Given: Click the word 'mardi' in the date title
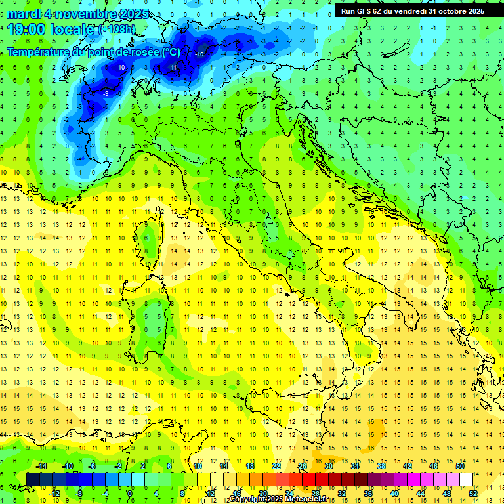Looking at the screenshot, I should [x=21, y=14].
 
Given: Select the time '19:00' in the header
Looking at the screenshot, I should [x=24, y=30].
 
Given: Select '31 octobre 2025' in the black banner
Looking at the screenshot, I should [x=457, y=11].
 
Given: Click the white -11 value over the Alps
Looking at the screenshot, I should [x=173, y=68].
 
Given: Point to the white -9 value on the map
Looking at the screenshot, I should [x=106, y=94].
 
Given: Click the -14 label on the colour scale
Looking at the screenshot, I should [x=41, y=465].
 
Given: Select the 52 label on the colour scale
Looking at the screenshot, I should [x=472, y=493].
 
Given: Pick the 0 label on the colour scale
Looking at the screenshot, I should [x=130, y=493].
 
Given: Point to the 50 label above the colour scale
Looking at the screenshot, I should [x=460, y=465].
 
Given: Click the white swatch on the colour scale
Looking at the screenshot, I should [x=466, y=479].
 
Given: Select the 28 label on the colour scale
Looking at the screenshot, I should [x=315, y=493].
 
